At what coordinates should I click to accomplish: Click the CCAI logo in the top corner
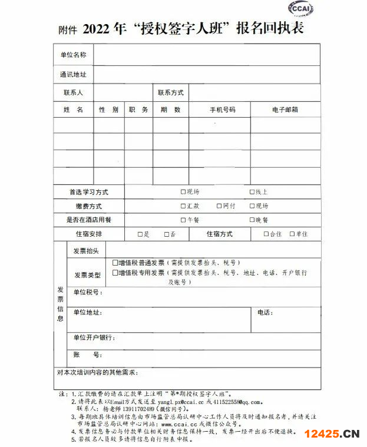tap(300, 10)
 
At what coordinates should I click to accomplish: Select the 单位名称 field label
tap(73, 55)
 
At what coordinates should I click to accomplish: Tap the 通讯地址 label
tap(73, 75)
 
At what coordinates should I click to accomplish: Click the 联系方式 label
tap(170, 93)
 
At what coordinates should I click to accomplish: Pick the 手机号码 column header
tap(222, 110)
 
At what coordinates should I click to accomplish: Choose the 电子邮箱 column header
tap(285, 110)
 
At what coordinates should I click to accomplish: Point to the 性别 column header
tap(108, 110)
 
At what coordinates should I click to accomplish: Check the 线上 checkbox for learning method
tap(252, 192)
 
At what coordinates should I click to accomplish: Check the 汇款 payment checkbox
tap(183, 206)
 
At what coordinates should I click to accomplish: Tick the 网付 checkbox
tap(219, 206)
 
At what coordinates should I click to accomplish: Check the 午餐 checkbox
tap(183, 220)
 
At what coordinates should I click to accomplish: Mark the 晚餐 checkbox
tap(252, 220)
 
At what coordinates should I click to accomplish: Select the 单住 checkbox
tap(292, 234)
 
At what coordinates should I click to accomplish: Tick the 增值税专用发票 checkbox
tap(115, 273)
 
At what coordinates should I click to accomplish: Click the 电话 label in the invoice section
tap(264, 312)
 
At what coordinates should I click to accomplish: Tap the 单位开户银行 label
tap(94, 338)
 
